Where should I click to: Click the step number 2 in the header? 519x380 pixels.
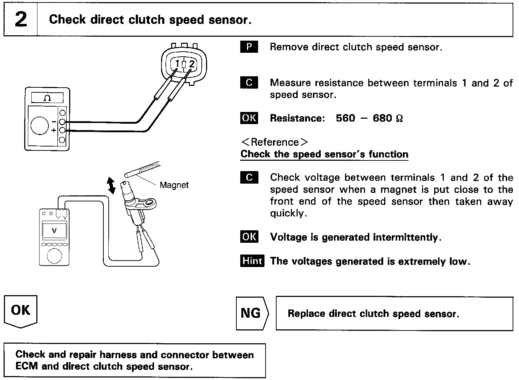[x=21, y=19]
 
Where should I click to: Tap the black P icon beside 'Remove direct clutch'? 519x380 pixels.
[x=249, y=47]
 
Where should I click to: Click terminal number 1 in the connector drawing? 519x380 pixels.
[x=178, y=63]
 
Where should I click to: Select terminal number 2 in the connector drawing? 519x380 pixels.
[x=192, y=64]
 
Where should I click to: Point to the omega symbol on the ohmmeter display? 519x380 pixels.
[x=47, y=98]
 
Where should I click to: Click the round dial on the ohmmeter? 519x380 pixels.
[x=40, y=125]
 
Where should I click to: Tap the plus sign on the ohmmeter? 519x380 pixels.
[x=54, y=130]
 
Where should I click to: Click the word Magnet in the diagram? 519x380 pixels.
[x=174, y=185]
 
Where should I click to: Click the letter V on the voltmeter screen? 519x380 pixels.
[x=54, y=230]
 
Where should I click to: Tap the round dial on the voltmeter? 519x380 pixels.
[x=55, y=256]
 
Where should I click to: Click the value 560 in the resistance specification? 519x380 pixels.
[x=345, y=118]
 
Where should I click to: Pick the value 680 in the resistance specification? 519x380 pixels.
[x=382, y=118]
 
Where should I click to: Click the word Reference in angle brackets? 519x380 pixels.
[x=275, y=142]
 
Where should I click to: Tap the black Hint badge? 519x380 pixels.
[x=252, y=261]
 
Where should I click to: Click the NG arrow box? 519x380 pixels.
[x=252, y=313]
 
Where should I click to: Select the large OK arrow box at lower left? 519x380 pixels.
[x=21, y=312]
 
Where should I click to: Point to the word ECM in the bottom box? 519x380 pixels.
[x=26, y=366]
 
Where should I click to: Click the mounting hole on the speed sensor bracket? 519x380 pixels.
[x=151, y=202]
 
